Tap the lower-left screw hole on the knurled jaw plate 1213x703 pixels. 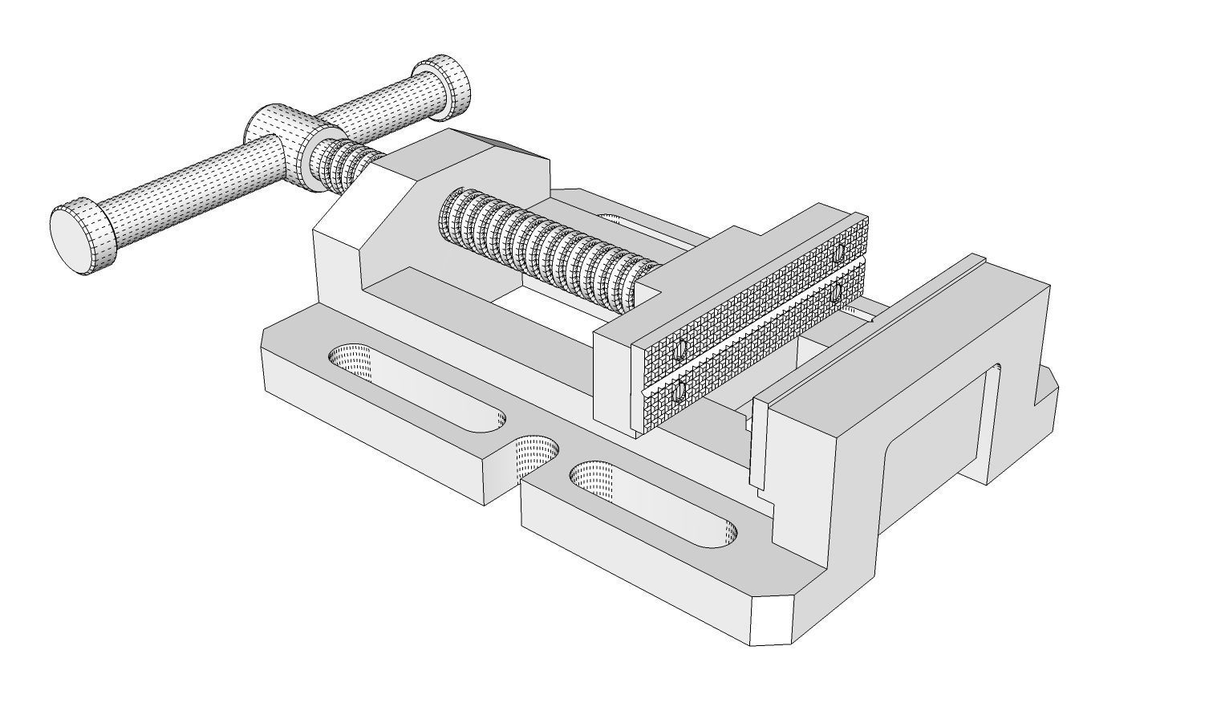(x=680, y=392)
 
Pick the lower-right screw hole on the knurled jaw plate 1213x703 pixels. (x=837, y=294)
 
